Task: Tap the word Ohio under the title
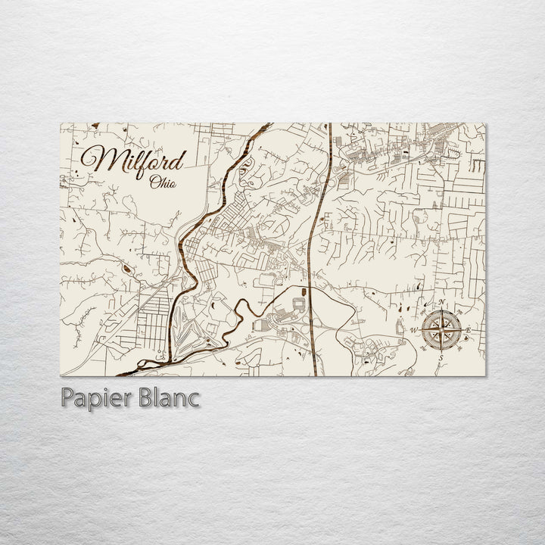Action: coord(163,182)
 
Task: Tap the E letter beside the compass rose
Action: coord(469,331)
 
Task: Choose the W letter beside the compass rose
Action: coord(413,331)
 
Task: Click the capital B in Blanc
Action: coord(142,398)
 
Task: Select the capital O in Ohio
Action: coord(154,182)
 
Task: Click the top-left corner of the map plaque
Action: coord(61,123)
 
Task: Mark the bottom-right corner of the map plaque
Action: coord(485,375)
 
